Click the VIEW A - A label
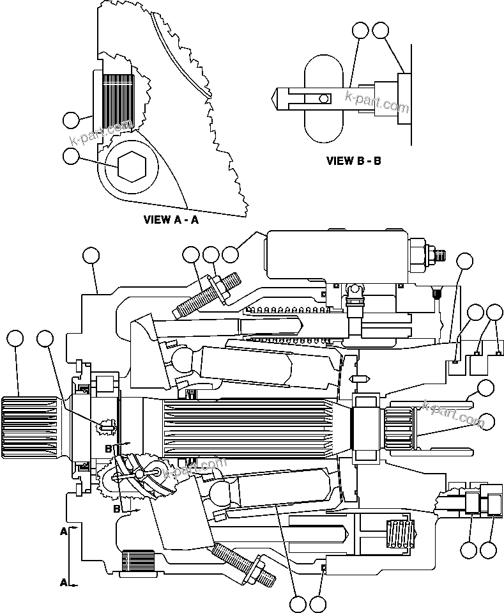pyautogui.click(x=171, y=220)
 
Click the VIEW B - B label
pyautogui.click(x=353, y=160)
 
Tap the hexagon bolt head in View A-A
pyautogui.click(x=132, y=166)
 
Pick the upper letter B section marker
pyautogui.click(x=109, y=449)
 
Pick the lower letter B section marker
pyautogui.click(x=116, y=509)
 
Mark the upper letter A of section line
pyautogui.click(x=64, y=531)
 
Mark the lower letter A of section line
pyautogui.click(x=64, y=582)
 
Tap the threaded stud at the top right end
pyautogui.click(x=439, y=256)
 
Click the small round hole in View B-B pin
pyautogui.click(x=325, y=98)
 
